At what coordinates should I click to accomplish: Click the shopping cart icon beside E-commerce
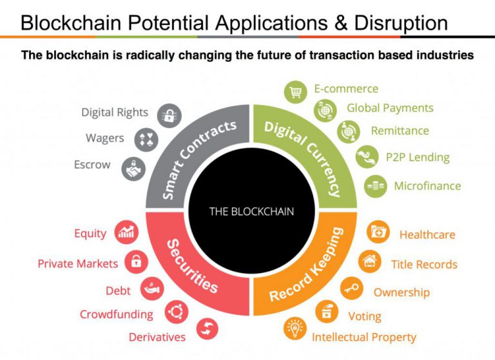point(295,92)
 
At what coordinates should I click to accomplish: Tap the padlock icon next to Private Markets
point(136,261)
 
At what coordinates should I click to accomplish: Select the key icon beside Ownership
point(351,289)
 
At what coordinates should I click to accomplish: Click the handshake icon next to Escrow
point(133,169)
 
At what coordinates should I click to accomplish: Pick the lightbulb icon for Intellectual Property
point(295,329)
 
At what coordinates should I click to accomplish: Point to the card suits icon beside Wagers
point(146,140)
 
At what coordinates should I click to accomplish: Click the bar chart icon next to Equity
point(126,232)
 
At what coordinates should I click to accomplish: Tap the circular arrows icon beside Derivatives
point(207,329)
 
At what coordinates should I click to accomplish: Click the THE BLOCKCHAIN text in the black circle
point(251,211)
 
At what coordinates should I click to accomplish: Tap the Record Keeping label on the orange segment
point(306,265)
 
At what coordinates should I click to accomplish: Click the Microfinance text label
point(427,186)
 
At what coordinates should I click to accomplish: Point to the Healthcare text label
point(427,235)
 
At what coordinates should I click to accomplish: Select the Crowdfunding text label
point(117,314)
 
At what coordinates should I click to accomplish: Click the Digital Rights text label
point(115,112)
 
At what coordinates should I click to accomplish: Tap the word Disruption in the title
point(401,23)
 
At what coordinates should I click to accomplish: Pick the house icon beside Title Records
point(370,261)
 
